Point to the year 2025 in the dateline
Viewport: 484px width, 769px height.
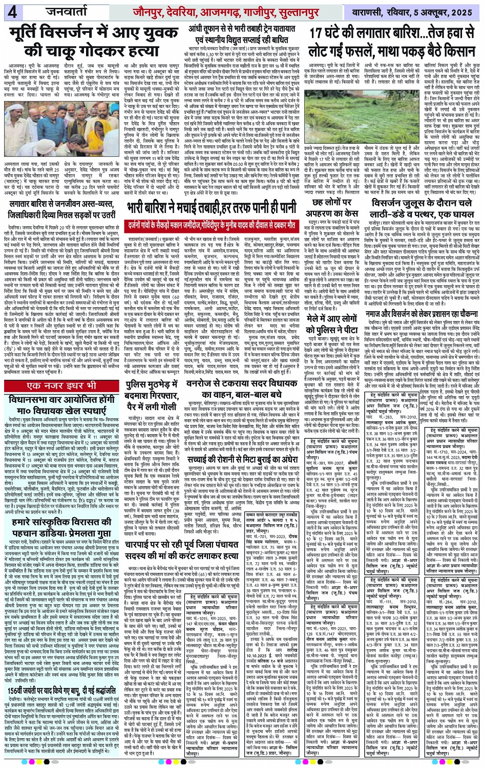point(464,11)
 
